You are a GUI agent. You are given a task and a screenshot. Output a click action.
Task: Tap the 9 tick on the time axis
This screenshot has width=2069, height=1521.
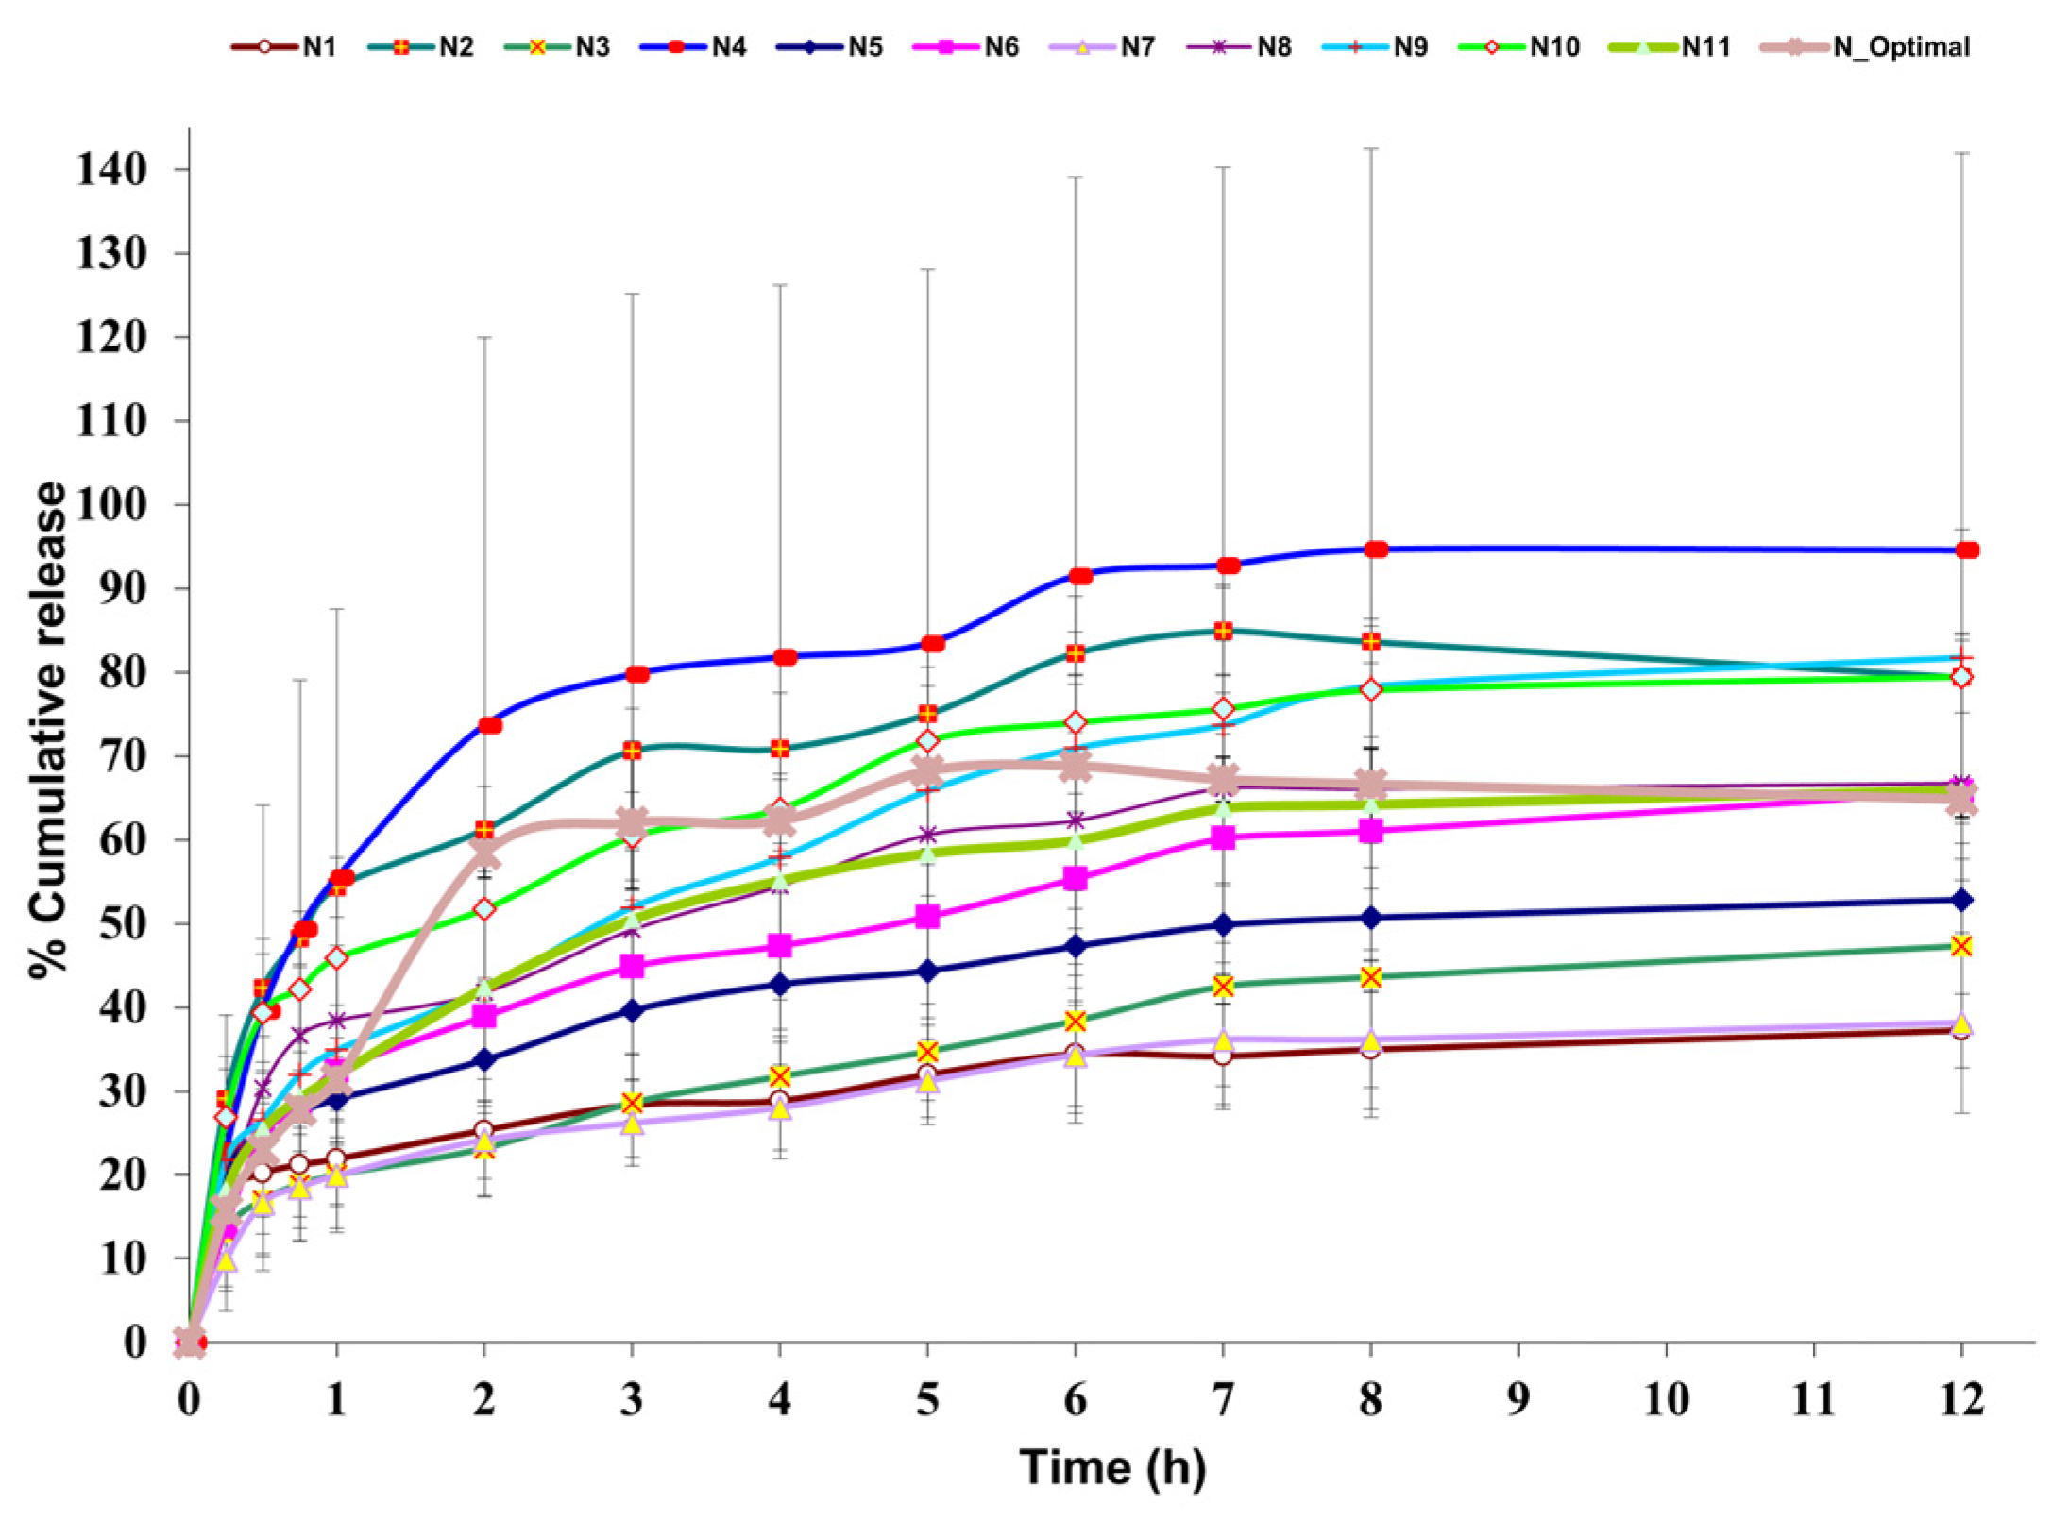1518,1398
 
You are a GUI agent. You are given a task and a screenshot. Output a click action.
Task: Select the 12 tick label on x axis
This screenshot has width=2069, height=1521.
1961,1398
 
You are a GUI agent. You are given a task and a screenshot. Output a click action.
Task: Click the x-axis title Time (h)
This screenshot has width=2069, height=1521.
1112,1467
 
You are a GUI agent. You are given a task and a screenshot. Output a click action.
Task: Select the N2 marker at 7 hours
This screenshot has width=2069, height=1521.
1223,630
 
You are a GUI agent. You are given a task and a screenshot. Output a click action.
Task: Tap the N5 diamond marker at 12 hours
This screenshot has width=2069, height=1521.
1961,900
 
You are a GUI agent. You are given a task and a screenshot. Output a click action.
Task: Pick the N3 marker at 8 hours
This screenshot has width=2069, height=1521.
1371,977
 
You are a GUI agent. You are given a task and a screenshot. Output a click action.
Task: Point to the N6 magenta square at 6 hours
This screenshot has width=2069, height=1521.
1075,879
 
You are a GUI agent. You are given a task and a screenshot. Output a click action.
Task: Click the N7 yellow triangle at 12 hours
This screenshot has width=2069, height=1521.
1961,1024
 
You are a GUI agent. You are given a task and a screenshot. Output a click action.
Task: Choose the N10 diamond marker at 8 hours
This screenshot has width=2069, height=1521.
1371,690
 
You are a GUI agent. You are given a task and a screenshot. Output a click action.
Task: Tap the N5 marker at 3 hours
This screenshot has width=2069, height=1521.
632,1010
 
